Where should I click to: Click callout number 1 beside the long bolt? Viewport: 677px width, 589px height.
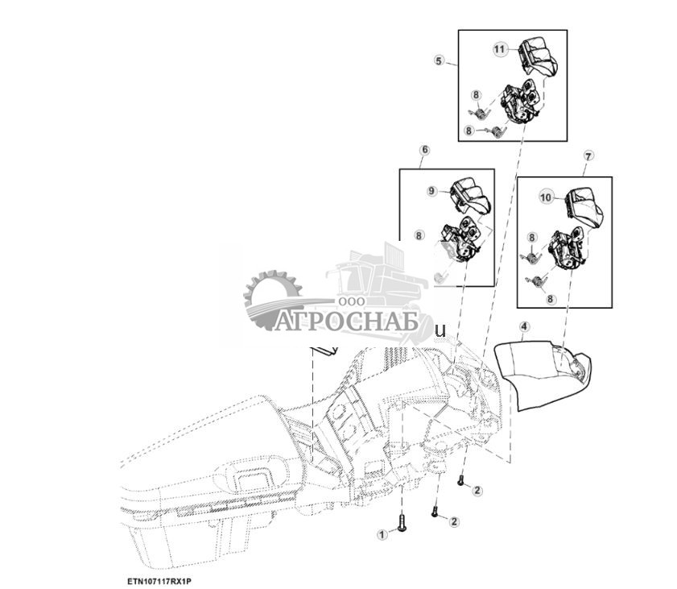point(382,534)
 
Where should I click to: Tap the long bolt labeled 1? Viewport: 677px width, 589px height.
point(402,522)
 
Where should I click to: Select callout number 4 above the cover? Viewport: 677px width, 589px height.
point(524,326)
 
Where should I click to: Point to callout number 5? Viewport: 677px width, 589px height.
point(439,60)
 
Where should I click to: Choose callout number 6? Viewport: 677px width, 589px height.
point(425,150)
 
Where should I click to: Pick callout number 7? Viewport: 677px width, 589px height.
point(588,156)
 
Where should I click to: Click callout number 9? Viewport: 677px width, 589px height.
point(432,191)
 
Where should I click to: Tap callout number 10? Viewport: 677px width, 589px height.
point(546,197)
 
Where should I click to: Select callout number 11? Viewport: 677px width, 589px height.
point(499,49)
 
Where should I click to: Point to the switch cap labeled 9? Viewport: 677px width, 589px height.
point(470,197)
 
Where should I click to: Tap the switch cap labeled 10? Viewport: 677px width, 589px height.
point(585,208)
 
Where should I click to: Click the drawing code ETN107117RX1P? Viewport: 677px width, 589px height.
point(159,581)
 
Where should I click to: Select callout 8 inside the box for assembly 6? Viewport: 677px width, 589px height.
point(419,235)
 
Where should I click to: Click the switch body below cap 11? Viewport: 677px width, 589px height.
point(521,102)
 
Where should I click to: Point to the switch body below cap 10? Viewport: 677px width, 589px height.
point(568,248)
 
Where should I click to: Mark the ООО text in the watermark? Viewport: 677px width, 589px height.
point(351,301)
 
